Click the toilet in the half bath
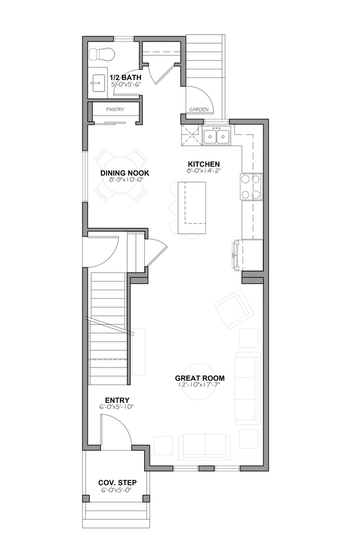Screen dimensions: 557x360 pos(102,53)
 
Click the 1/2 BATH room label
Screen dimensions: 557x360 pos(126,77)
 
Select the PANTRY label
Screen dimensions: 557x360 pos(115,110)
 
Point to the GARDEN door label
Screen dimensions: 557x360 pos(199,110)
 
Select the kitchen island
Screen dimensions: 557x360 pos(191,208)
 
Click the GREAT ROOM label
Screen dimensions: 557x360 pos(199,378)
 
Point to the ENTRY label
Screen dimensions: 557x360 pos(117,400)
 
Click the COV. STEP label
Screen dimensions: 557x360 pos(117,482)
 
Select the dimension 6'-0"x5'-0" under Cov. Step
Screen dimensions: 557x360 pos(117,489)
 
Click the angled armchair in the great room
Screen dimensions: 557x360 pos(233,309)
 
